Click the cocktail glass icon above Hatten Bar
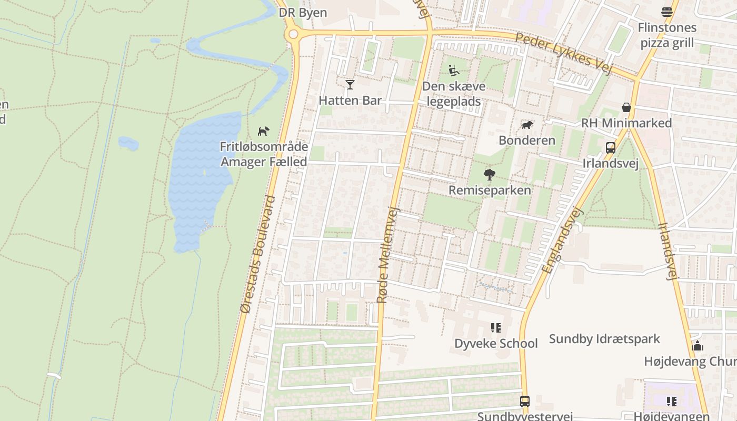tap(350, 84)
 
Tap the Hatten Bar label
tap(350, 101)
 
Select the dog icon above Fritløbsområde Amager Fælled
tap(263, 131)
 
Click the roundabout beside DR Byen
tap(293, 35)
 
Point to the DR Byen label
tap(303, 13)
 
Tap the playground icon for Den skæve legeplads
tap(453, 71)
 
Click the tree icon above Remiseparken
tap(490, 174)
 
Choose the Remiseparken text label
tap(490, 190)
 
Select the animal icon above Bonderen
tap(526, 125)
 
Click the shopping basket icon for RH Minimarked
tap(626, 107)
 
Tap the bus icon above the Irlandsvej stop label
tap(610, 148)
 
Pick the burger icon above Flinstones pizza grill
tap(667, 12)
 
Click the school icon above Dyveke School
tap(495, 328)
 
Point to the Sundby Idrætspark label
tap(604, 338)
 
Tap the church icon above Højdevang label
tap(698, 346)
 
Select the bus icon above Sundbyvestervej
tap(524, 402)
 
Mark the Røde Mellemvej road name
tap(389, 255)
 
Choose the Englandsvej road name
tap(563, 240)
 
